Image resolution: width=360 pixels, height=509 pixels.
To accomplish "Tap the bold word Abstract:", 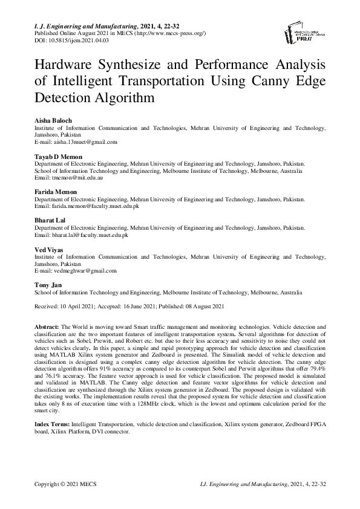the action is click(47, 326).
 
